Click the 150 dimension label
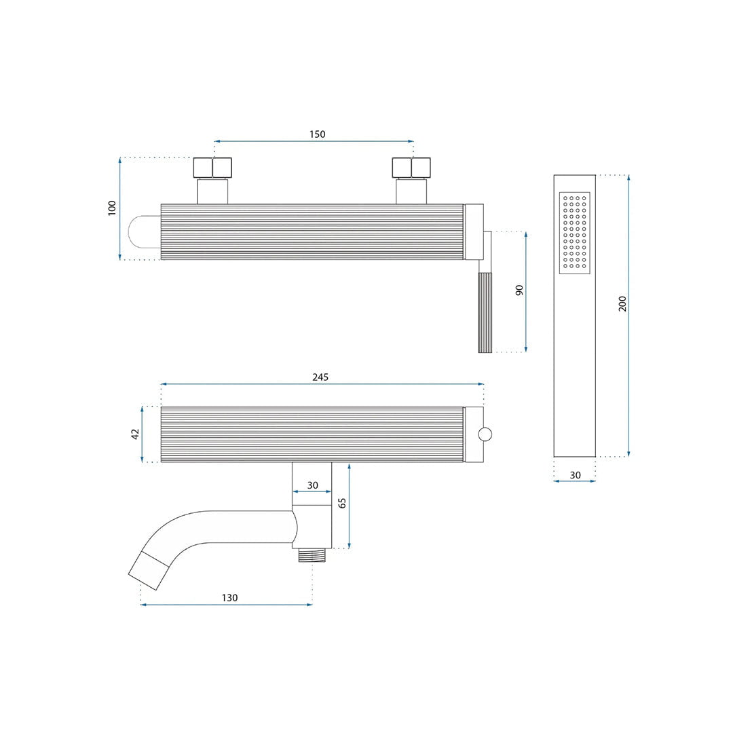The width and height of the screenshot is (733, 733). (317, 134)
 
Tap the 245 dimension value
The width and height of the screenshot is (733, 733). (320, 377)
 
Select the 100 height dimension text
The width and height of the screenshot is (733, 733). (112, 208)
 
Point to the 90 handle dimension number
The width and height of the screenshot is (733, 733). (519, 290)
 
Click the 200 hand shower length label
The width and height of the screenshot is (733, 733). (622, 304)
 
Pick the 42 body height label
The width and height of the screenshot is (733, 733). (135, 434)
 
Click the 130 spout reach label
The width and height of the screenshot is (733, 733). (229, 597)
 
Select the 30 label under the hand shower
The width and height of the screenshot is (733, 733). (575, 475)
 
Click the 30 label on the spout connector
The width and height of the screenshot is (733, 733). (312, 485)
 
